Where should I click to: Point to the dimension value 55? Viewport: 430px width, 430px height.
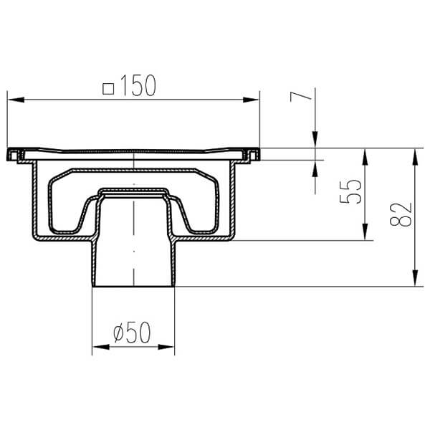pos(349,193)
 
